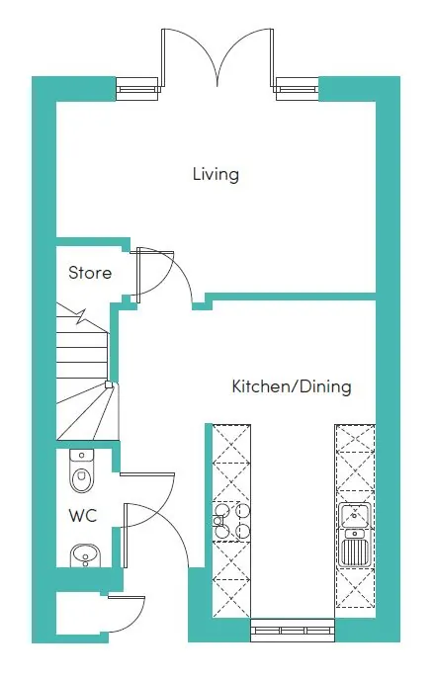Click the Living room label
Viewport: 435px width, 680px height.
216,174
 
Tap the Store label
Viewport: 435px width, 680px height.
90,273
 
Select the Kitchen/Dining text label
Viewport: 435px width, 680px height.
292,386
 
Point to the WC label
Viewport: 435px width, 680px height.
82,516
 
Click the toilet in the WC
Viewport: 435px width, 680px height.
81,470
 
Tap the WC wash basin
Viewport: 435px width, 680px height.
85,555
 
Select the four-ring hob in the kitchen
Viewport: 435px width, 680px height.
231,521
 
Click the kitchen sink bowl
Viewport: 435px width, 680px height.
355,515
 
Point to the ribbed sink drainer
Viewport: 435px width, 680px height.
355,552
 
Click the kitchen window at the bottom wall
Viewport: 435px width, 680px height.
293,630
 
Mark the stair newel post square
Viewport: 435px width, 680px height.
109,384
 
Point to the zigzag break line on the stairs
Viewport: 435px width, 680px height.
81,316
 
